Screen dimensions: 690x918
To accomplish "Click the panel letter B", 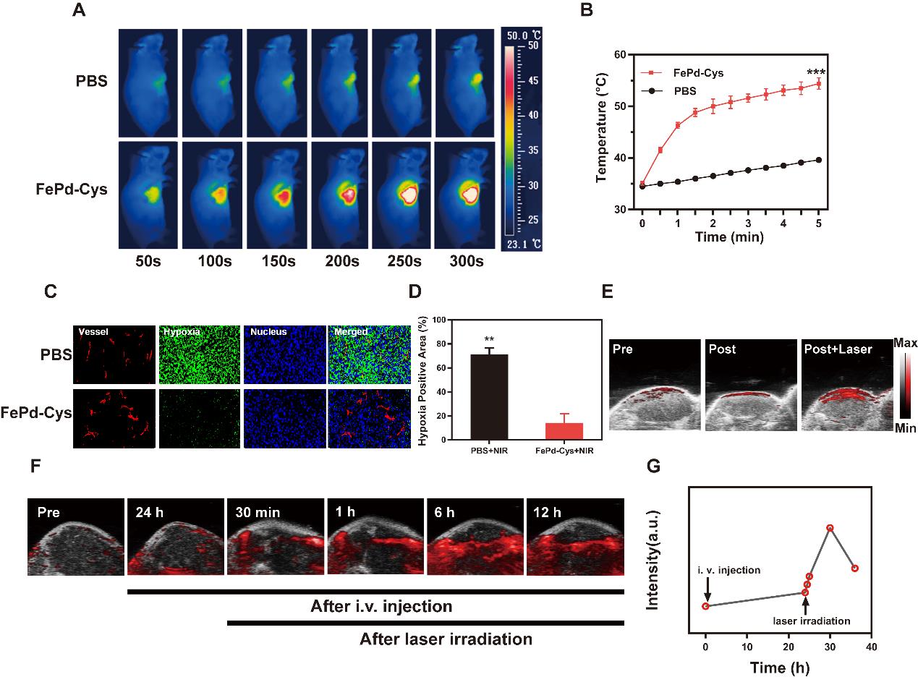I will tap(587, 10).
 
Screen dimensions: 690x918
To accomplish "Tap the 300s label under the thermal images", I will tap(467, 261).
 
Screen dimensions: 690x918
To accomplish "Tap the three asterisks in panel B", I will tap(816, 72).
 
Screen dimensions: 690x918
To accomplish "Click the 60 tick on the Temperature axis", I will tap(619, 54).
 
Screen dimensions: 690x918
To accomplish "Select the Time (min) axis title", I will tap(729, 237).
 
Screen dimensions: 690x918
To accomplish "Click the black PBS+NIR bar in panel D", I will tap(489, 396).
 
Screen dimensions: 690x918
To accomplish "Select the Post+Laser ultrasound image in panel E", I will tap(843, 385).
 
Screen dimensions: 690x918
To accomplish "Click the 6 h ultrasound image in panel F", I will tap(474, 536).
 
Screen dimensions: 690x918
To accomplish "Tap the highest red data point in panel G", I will tap(830, 528).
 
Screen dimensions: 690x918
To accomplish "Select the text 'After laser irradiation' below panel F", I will tap(446, 639).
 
